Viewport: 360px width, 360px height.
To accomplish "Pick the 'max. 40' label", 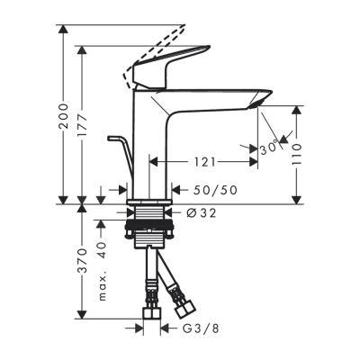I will [x=103, y=270].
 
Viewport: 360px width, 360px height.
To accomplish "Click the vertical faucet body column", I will [x=149, y=144].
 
